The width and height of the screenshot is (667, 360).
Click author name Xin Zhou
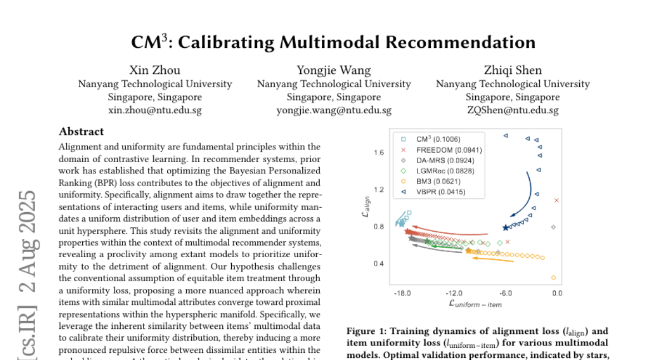[155, 70]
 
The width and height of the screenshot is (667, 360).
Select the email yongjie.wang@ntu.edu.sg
[333, 110]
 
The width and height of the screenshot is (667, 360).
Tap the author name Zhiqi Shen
[512, 70]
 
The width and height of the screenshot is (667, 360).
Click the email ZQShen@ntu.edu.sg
[512, 110]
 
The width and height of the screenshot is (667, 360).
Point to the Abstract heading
[81, 132]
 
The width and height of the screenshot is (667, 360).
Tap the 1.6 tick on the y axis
[379, 152]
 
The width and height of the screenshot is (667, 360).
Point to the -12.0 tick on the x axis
[454, 293]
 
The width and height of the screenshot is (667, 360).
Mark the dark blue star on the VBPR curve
[505, 228]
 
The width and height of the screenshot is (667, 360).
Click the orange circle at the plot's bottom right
[554, 277]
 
